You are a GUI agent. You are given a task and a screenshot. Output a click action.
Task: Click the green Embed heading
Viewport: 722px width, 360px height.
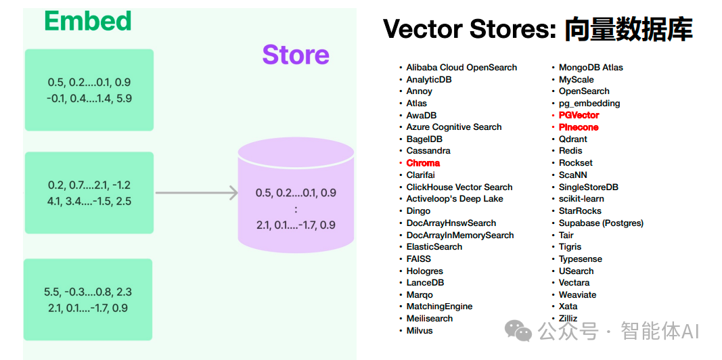(x=88, y=21)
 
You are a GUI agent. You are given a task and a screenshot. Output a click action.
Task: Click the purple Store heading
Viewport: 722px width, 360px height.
(x=296, y=55)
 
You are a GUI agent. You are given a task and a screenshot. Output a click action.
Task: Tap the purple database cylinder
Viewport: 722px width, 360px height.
(x=296, y=195)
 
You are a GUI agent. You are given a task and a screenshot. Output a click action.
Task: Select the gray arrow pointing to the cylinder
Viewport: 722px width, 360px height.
(x=197, y=193)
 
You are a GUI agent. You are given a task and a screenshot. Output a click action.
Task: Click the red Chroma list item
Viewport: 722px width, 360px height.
(x=423, y=163)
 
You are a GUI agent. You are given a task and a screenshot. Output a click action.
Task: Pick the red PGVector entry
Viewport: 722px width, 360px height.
(x=579, y=115)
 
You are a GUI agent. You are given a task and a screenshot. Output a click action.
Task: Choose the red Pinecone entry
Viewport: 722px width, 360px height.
(x=579, y=127)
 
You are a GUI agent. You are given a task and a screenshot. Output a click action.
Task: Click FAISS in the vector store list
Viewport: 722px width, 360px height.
(x=419, y=258)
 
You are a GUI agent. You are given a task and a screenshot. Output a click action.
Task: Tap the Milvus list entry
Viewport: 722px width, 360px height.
(x=420, y=330)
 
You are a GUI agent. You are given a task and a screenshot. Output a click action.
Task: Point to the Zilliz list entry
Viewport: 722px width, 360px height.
(x=568, y=319)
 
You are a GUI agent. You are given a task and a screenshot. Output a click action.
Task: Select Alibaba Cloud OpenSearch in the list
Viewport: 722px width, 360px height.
(x=461, y=68)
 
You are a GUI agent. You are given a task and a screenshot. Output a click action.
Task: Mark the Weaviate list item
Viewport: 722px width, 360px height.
(x=577, y=294)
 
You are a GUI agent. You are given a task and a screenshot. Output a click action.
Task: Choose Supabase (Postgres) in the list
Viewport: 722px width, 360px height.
(x=601, y=223)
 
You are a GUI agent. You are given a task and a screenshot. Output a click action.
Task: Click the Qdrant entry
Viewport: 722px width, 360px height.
(x=573, y=139)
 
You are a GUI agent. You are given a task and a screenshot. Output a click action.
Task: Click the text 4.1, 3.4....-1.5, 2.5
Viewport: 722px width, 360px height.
(x=89, y=201)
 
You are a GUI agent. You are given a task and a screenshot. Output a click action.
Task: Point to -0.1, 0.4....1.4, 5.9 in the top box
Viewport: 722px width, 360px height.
(x=89, y=98)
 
